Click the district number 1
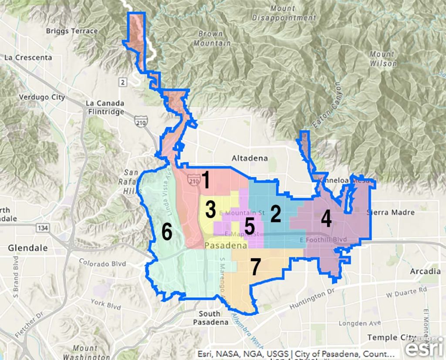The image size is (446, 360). pos(206,180)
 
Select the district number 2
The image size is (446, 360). pos(275,213)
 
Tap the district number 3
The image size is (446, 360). pos(211,210)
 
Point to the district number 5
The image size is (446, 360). pos(250,226)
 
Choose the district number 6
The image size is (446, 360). pos(167,232)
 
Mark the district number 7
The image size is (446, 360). pos(256,267)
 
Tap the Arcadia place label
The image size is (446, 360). pos(425,271)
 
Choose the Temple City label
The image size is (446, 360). pos(389,337)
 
